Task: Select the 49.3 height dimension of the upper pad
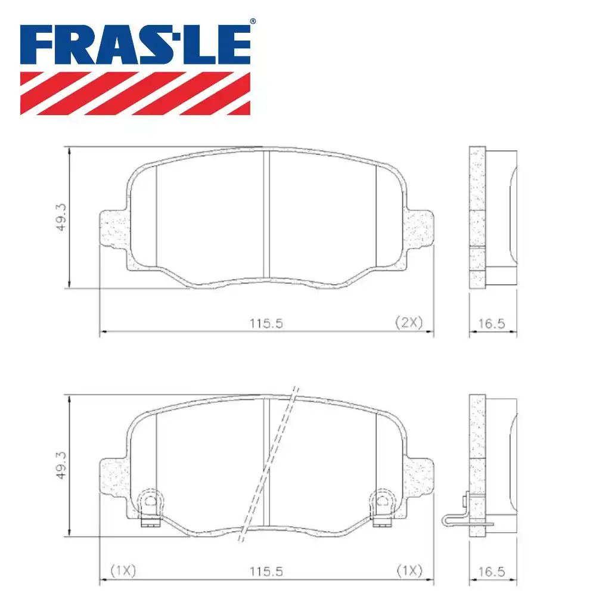[x=61, y=219]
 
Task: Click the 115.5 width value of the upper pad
[x=265, y=323]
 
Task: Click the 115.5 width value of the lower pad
[x=265, y=571]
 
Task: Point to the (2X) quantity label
[x=409, y=322]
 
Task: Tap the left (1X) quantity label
[x=123, y=570]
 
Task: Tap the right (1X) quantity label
[x=409, y=570]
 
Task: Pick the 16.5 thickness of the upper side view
[x=492, y=324]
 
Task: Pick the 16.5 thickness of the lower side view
[x=492, y=572]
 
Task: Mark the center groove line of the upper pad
[x=266, y=215]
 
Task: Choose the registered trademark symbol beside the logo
[x=252, y=22]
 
